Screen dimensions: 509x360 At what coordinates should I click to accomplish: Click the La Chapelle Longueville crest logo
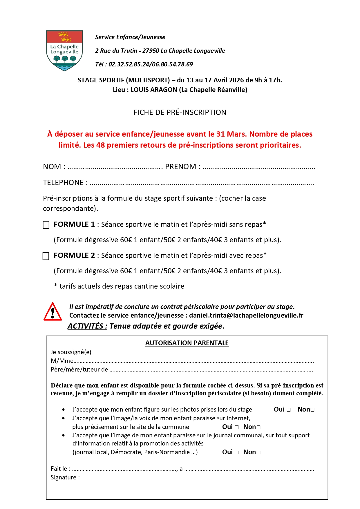[x=64, y=50]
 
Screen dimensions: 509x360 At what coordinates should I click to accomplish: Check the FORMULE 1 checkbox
[x=46, y=225]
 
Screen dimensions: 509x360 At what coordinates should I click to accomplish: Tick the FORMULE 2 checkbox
[x=46, y=256]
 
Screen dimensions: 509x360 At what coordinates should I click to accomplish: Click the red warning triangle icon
[x=53, y=312]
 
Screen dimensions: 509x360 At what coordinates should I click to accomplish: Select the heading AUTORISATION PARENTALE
[x=187, y=343]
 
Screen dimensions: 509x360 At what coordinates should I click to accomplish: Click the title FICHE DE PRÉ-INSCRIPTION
[x=180, y=112]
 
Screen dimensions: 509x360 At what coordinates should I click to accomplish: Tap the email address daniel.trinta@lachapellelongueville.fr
[x=246, y=315]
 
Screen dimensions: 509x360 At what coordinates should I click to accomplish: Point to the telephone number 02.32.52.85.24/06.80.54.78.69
[x=151, y=64]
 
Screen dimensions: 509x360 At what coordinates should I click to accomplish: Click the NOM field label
[x=52, y=167]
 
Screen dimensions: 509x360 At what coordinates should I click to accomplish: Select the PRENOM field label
[x=181, y=167]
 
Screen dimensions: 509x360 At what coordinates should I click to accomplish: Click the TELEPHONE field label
[x=63, y=183]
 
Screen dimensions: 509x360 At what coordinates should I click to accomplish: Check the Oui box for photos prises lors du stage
[x=289, y=410]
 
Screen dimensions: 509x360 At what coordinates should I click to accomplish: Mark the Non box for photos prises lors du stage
[x=312, y=410]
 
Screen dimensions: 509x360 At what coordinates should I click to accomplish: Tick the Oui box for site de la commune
[x=237, y=427]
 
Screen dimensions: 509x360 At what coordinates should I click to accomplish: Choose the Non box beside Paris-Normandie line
[x=258, y=452]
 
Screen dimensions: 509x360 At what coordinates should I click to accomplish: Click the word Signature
[x=63, y=477]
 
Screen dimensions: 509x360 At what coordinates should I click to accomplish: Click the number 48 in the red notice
[x=100, y=145]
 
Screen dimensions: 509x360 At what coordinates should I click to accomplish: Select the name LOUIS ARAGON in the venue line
[x=154, y=90]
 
